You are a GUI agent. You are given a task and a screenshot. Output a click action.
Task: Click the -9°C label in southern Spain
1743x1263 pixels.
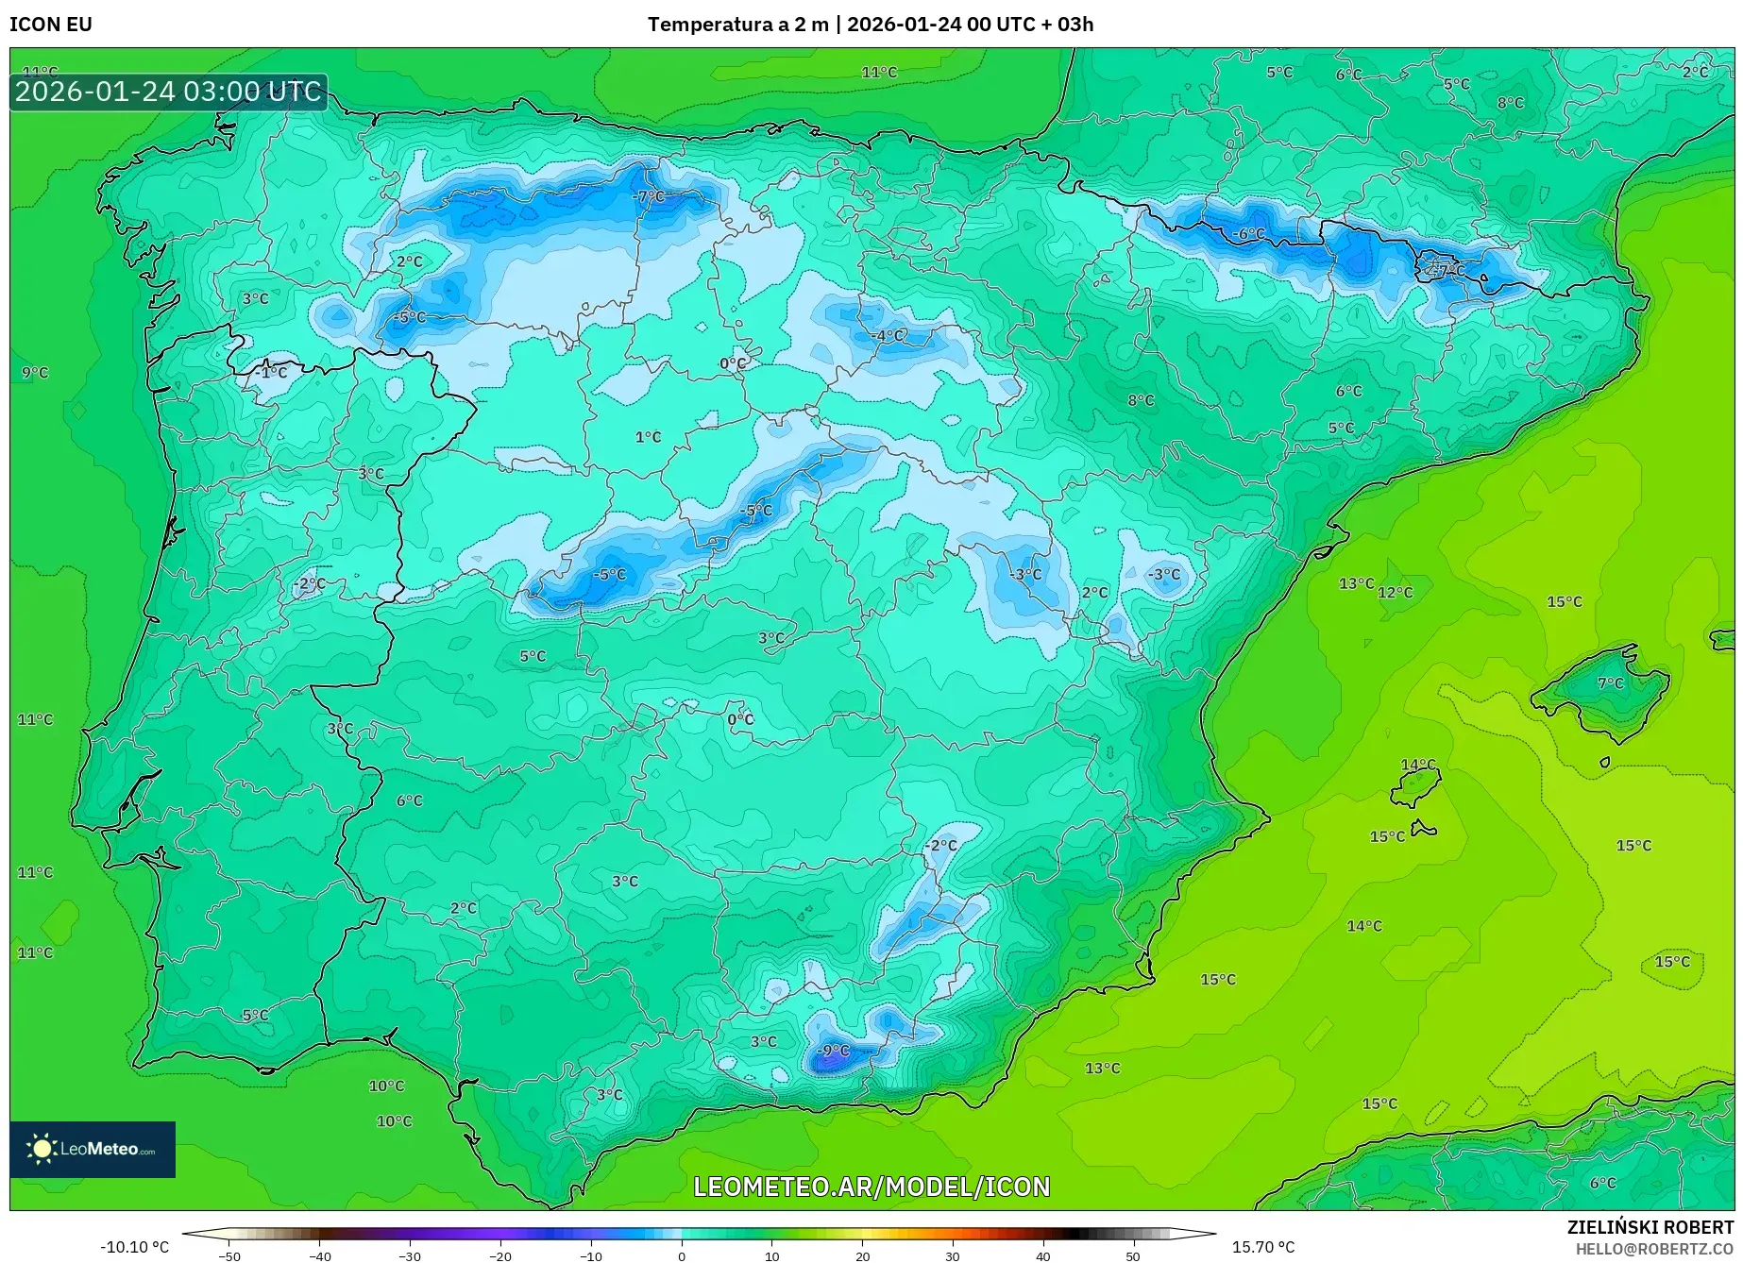point(834,1051)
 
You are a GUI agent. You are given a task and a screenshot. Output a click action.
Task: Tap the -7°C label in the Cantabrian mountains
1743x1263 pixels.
point(650,196)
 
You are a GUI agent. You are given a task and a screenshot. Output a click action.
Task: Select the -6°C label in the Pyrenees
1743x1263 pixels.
point(1248,233)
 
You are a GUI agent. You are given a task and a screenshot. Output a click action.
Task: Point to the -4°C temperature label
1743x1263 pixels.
point(888,335)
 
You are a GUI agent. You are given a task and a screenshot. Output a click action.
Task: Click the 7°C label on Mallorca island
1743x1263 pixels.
point(1610,682)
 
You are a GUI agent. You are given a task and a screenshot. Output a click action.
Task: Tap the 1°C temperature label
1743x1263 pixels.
point(648,437)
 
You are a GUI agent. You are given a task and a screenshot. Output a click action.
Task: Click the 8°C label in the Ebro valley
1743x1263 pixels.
point(1141,400)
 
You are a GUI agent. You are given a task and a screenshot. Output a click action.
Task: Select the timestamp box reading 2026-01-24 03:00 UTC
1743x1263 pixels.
point(168,92)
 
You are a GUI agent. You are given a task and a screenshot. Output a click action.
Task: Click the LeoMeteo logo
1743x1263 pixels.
point(93,1149)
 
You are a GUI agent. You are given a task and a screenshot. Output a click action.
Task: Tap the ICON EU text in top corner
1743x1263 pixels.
point(51,25)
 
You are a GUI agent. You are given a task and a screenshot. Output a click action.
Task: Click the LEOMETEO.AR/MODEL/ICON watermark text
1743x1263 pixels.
point(871,1187)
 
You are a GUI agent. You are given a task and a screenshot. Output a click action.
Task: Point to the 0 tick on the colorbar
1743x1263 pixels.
point(682,1256)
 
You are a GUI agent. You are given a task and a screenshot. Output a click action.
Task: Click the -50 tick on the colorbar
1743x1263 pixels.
point(229,1256)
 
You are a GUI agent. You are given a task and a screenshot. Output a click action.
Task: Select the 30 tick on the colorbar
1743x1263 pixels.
point(953,1256)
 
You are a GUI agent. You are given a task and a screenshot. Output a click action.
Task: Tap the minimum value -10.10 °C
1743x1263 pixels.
point(135,1247)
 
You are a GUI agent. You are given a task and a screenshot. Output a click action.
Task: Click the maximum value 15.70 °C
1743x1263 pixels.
point(1263,1247)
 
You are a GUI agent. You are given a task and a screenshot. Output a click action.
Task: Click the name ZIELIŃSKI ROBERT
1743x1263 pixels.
point(1650,1227)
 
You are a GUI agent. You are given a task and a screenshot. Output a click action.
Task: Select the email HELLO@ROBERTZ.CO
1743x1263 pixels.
point(1654,1249)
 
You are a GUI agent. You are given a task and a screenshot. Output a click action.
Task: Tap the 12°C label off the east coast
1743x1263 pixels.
point(1396,593)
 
